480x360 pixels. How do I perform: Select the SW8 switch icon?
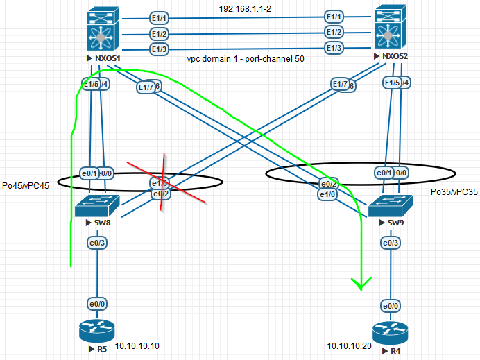[98, 206]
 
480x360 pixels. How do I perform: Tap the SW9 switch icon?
[391, 206]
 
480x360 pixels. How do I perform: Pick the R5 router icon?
[98, 332]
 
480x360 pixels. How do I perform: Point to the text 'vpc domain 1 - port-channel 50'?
[246, 60]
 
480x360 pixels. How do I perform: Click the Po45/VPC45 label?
[27, 186]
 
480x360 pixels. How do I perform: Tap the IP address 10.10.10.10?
[138, 345]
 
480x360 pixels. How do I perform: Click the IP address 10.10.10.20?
[350, 345]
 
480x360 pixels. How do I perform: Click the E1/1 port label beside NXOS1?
[160, 18]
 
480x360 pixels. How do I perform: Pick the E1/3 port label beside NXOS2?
[334, 48]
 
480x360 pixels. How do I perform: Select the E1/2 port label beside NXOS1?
[160, 33]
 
